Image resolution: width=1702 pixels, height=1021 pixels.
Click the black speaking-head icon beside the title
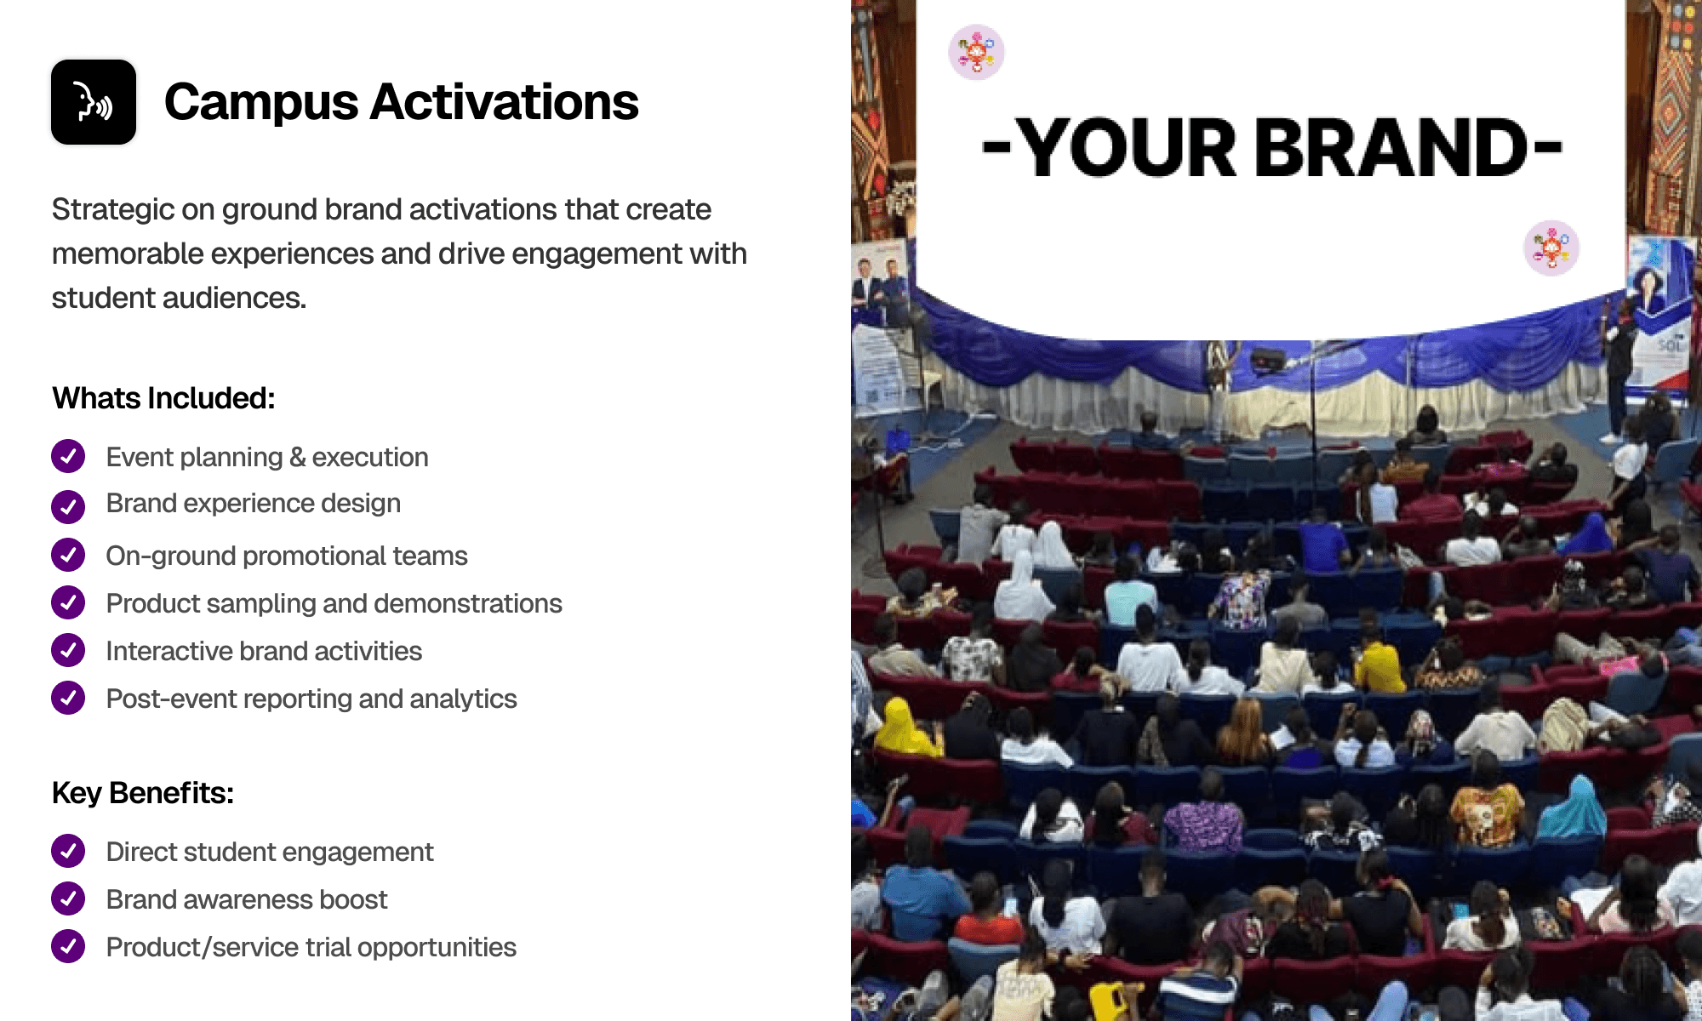[x=94, y=102]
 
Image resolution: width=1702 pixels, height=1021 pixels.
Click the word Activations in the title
[x=504, y=102]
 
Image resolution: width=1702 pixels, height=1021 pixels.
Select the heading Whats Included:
[x=163, y=398]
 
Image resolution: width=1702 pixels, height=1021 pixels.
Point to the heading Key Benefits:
[x=143, y=793]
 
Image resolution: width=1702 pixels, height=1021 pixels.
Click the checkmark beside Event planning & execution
[x=68, y=456]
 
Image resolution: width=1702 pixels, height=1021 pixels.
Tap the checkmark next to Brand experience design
[x=68, y=506]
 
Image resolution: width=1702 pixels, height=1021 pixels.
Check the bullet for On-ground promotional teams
[x=68, y=555]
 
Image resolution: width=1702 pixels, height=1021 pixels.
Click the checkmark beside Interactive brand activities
[x=68, y=650]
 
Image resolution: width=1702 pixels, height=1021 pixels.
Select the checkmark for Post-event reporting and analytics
[x=68, y=698]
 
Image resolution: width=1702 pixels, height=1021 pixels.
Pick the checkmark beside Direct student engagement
[x=68, y=851]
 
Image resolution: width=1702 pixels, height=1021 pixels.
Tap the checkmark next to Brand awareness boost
[x=68, y=898]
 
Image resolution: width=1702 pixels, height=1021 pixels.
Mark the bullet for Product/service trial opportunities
[x=68, y=946]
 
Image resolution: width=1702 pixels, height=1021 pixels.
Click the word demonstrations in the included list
[x=468, y=603]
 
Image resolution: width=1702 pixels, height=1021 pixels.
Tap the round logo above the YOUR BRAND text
[x=976, y=52]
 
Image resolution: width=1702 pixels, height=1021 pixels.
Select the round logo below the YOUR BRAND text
[x=1551, y=248]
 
